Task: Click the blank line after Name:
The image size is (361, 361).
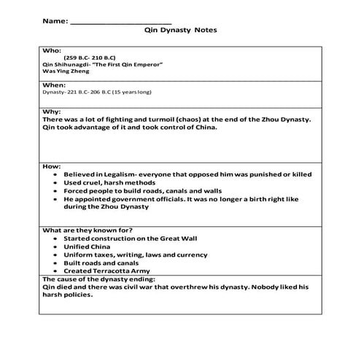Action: [x=120, y=23]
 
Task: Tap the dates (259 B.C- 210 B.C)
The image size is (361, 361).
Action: [x=91, y=58]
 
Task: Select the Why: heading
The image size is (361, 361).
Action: [x=53, y=112]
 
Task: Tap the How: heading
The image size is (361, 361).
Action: [x=53, y=167]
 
